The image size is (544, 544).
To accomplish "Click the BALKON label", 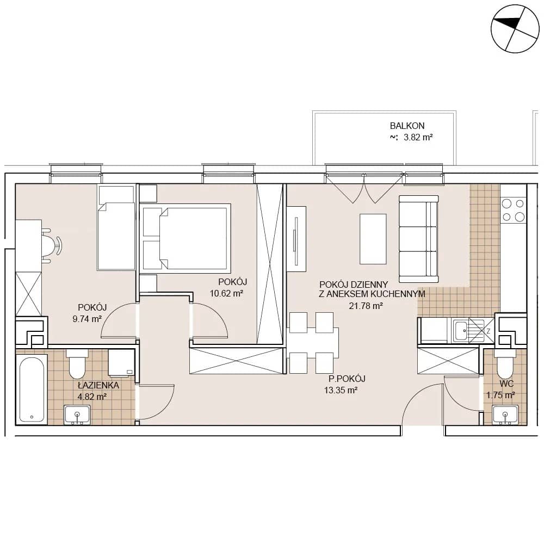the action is click(407, 126).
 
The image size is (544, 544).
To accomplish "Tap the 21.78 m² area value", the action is click(366, 306).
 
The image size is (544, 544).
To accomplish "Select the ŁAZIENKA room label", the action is click(98, 385).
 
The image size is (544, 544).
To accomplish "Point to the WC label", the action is click(506, 384).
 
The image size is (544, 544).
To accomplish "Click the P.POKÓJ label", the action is click(347, 379).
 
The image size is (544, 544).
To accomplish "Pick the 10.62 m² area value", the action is click(226, 293).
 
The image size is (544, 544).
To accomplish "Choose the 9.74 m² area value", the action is click(86, 318).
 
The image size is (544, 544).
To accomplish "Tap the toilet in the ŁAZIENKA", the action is click(77, 364).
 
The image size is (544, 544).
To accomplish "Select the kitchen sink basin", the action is click(461, 331).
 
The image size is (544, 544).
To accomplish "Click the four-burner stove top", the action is click(513, 209).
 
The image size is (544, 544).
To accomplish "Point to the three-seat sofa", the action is click(418, 239).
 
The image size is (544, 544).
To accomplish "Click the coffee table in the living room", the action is click(373, 239).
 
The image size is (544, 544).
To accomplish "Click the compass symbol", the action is click(515, 29).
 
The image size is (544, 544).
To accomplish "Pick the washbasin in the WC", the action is click(505, 415).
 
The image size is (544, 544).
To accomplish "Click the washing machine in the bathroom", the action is click(121, 363).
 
